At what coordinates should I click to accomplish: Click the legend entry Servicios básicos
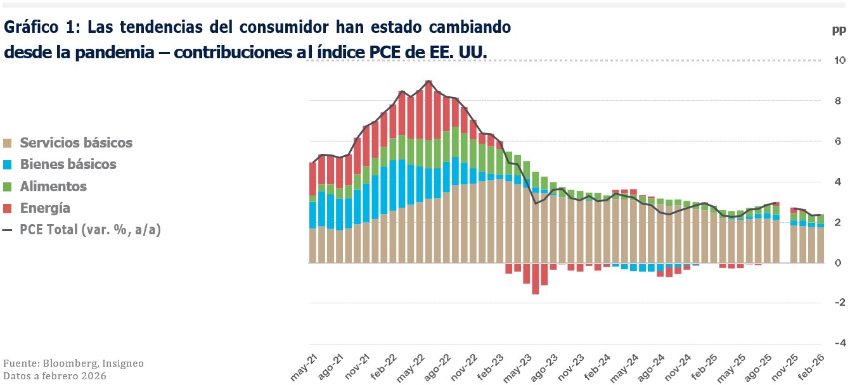pyautogui.click(x=76, y=142)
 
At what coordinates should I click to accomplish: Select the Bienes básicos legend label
pyautogui.click(x=68, y=165)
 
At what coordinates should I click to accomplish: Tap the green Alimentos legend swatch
pyautogui.click(x=8, y=187)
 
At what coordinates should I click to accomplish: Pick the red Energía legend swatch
pyautogui.click(x=8, y=208)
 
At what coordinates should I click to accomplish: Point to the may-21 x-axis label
pyautogui.click(x=304, y=368)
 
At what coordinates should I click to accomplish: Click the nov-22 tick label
pyautogui.click(x=464, y=368)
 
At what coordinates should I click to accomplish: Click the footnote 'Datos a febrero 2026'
pyautogui.click(x=54, y=376)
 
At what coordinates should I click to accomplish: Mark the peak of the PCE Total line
pyautogui.click(x=429, y=81)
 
